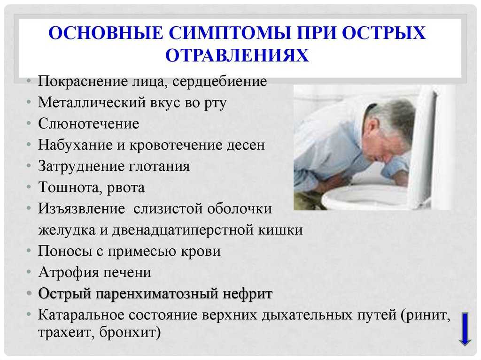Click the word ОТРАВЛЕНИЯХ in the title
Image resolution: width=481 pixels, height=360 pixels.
point(237,55)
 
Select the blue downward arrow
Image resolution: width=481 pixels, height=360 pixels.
point(465,329)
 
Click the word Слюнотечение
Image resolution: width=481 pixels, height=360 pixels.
point(88,124)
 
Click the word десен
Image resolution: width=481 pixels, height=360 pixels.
point(246,145)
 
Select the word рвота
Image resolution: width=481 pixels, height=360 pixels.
point(126,188)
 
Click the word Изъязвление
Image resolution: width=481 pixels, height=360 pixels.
point(81,209)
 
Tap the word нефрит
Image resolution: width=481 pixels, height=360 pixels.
point(248,294)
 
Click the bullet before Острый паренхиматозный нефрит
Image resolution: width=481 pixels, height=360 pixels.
point(29,293)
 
